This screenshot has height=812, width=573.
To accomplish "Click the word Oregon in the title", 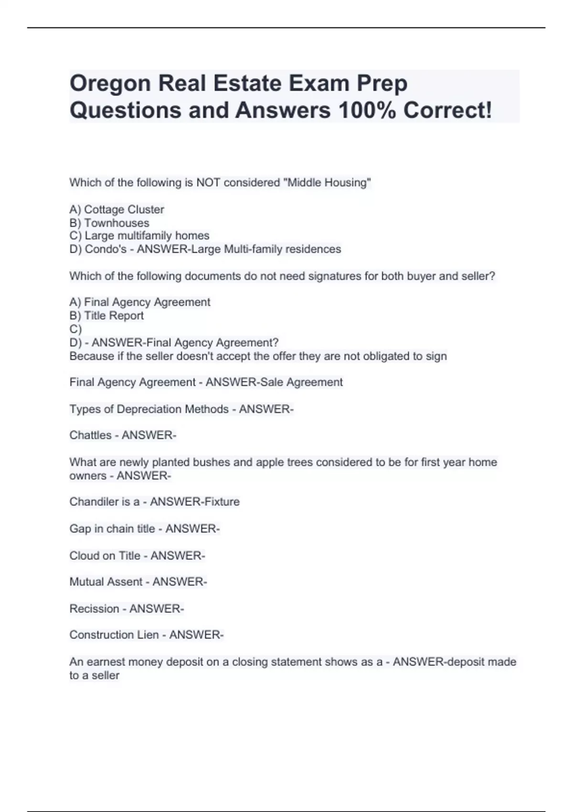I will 110,84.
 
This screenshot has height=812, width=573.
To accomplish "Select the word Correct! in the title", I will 447,110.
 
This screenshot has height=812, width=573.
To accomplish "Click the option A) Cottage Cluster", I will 117,210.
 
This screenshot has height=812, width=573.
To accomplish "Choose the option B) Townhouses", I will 109,223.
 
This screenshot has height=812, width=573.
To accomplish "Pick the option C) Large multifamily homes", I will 139,236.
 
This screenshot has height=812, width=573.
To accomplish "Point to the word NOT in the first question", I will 208,182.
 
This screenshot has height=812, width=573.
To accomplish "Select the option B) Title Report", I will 106,316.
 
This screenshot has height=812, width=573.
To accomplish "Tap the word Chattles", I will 90,436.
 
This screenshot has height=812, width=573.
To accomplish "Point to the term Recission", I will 94,609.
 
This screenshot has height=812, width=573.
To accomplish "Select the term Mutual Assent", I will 106,582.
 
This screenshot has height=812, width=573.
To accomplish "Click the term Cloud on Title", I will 105,556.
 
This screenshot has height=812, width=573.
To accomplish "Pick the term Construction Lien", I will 114,635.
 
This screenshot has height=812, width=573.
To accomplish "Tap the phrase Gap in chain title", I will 112,529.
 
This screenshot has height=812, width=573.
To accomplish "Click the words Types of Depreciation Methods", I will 149,409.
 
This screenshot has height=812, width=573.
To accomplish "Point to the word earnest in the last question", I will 103,662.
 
